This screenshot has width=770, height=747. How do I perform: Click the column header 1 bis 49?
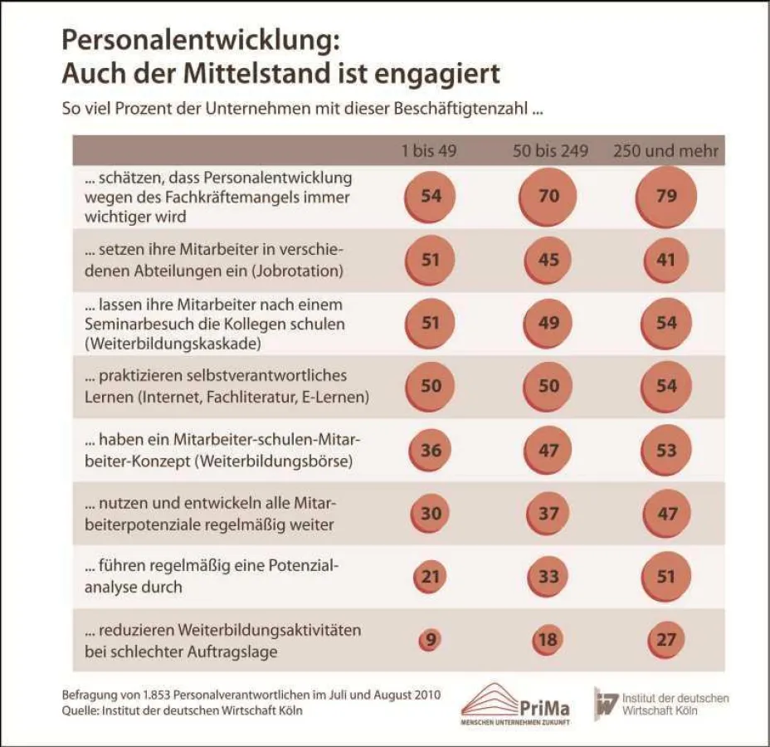pyautogui.click(x=430, y=151)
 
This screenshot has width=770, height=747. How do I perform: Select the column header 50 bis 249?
pyautogui.click(x=549, y=151)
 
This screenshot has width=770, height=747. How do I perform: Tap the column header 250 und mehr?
pyautogui.click(x=665, y=151)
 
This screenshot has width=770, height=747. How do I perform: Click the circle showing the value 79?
pyautogui.click(x=666, y=197)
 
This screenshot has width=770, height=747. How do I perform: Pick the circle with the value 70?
pyautogui.click(x=548, y=197)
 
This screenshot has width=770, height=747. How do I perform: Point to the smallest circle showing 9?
pyautogui.click(x=430, y=640)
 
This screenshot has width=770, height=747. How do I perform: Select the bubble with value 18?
pyautogui.click(x=548, y=640)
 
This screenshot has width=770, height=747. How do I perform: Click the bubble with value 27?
pyautogui.click(x=666, y=640)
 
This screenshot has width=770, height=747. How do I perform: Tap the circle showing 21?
pyautogui.click(x=430, y=576)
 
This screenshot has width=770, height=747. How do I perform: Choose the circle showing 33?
pyautogui.click(x=548, y=576)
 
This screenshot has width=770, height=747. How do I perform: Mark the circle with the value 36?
pyautogui.click(x=430, y=451)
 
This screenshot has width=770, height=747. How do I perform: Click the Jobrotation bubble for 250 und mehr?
pyautogui.click(x=666, y=260)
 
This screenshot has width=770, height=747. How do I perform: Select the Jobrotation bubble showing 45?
pyautogui.click(x=548, y=260)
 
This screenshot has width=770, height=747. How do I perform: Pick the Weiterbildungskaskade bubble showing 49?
pyautogui.click(x=548, y=323)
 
